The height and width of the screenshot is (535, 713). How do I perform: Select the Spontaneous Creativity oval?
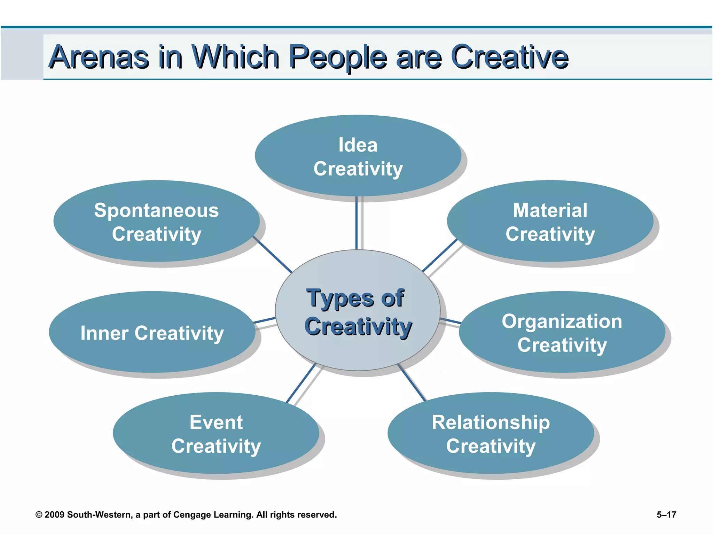[x=156, y=221]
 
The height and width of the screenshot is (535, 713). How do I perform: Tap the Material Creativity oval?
[x=550, y=221]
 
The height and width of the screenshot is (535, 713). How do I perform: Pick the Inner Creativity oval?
[x=152, y=333]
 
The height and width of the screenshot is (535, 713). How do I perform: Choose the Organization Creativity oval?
[x=562, y=333]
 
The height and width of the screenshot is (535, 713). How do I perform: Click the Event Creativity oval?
[x=216, y=434]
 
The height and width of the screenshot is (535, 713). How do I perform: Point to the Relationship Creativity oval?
[x=491, y=434]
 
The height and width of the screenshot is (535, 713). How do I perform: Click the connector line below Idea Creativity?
[x=356, y=223]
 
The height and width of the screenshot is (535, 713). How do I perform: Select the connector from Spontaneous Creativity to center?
[x=273, y=255]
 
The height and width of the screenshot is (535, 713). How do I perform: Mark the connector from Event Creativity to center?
[x=301, y=383]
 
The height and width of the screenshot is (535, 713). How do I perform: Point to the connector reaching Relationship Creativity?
[x=412, y=382]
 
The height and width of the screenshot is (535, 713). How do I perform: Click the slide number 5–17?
[x=666, y=514]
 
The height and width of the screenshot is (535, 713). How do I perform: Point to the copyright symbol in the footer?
[x=39, y=515]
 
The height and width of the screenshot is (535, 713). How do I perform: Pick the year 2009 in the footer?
[x=55, y=515]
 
